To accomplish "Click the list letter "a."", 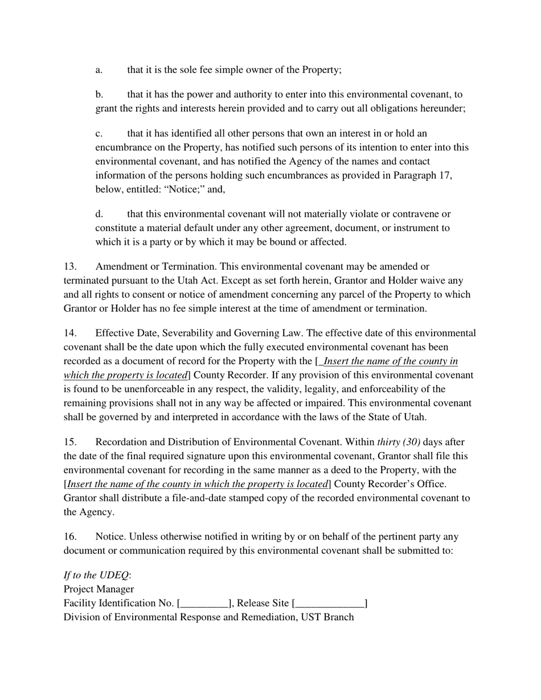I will click(99, 70).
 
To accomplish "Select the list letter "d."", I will click(99, 215).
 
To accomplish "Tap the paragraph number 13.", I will click(69, 267).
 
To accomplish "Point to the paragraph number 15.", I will click(69, 442).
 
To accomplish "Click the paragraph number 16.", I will click(69, 537).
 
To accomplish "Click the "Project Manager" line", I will click(99, 589).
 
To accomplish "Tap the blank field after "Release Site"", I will click(330, 603).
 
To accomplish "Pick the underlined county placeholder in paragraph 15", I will click(198, 484).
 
